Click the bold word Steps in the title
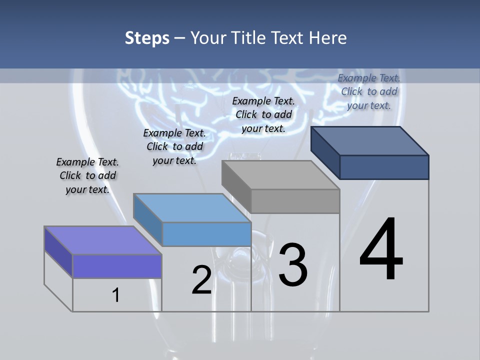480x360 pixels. [147, 38]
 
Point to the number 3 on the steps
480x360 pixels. [293, 265]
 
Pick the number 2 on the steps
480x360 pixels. [201, 280]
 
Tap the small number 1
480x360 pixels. [116, 295]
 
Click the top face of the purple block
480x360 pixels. [102, 240]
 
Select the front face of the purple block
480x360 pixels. [117, 266]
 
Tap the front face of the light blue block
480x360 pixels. [206, 234]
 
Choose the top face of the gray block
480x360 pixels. [280, 175]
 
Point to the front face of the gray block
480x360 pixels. [295, 201]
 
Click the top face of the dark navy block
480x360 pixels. [369, 141]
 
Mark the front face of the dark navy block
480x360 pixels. [384, 167]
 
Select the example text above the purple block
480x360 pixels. [87, 175]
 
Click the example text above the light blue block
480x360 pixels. [174, 146]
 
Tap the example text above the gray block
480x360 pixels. [263, 114]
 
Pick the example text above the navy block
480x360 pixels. [369, 91]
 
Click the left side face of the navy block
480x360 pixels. [325, 152]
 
